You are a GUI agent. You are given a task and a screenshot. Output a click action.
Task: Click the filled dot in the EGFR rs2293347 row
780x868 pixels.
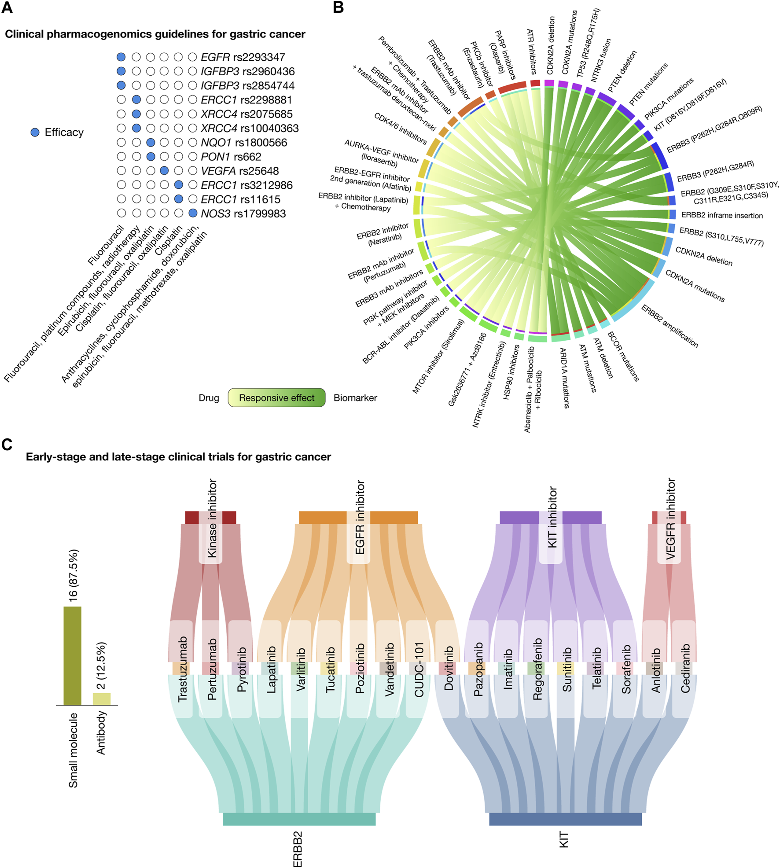pyautogui.click(x=121, y=57)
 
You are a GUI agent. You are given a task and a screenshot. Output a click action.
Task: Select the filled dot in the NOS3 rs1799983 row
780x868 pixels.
pyautogui.click(x=192, y=213)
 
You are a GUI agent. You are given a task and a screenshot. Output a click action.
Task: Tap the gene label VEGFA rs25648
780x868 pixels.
pyautogui.click(x=239, y=171)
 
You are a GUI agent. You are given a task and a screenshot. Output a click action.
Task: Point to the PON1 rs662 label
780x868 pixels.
pyautogui.click(x=231, y=157)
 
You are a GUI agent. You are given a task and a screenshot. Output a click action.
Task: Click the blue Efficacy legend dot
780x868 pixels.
pyautogui.click(x=35, y=132)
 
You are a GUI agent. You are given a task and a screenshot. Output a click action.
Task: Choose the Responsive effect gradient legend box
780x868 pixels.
pyautogui.click(x=276, y=398)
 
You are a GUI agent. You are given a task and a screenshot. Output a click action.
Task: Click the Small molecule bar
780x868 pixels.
pyautogui.click(x=73, y=655)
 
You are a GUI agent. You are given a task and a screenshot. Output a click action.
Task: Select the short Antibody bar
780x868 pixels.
pyautogui.click(x=102, y=699)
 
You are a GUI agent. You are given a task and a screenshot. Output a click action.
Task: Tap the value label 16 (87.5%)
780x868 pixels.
pyautogui.click(x=73, y=575)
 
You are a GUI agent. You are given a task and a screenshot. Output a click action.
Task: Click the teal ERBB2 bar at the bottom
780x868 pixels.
pyautogui.click(x=299, y=819)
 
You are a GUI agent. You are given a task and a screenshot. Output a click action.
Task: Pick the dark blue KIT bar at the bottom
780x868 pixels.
pyautogui.click(x=565, y=819)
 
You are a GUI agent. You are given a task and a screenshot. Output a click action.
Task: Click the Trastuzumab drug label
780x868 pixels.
pyautogui.click(x=183, y=669)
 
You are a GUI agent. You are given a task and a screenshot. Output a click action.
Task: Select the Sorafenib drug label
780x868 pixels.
pyautogui.click(x=626, y=669)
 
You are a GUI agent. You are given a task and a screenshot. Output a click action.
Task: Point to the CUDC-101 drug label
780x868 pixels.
pyautogui.click(x=419, y=669)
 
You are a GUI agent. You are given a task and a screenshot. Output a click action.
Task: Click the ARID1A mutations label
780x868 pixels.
pyautogui.click(x=564, y=378)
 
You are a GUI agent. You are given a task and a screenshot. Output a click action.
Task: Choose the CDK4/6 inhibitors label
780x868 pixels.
pyautogui.click(x=400, y=129)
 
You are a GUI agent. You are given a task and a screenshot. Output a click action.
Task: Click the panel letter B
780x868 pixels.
pyautogui.click(x=338, y=7)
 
